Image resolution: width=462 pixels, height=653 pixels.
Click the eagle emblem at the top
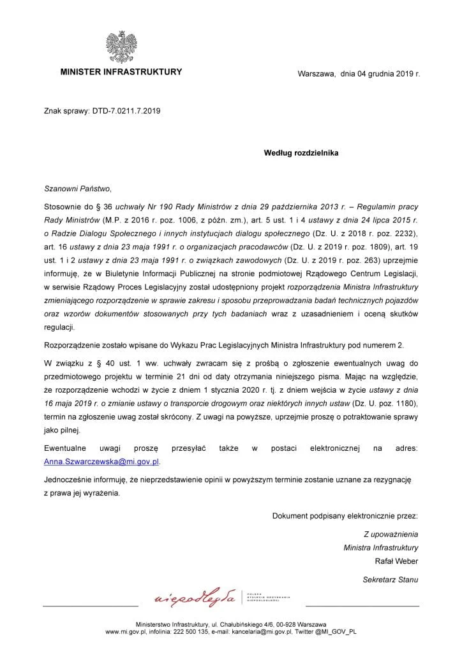tap(121, 46)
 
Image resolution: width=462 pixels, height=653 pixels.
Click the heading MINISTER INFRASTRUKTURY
tap(121, 72)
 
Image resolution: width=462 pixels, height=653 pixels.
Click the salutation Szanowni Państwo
tap(77, 189)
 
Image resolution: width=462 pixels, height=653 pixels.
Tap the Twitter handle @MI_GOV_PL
tap(332, 631)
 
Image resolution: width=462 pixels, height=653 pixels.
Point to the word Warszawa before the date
tap(317, 74)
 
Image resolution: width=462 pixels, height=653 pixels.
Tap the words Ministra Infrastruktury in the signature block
tap(381, 547)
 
